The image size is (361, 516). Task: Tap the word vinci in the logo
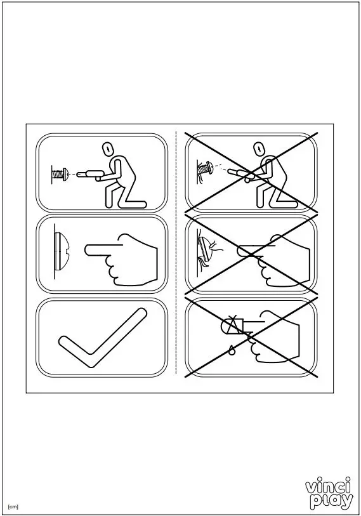(329, 487)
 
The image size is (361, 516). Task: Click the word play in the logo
(332, 501)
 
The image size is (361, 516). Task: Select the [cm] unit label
(13, 506)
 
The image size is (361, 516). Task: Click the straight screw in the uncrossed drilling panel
(59, 173)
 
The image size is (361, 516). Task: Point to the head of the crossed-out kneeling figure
(258, 150)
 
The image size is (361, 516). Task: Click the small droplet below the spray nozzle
(232, 350)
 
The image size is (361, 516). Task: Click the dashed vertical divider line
(176, 254)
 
